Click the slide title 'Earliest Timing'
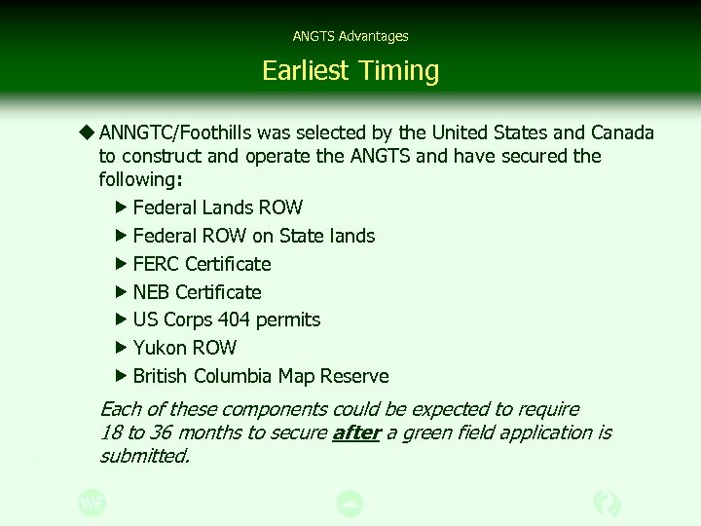pyautogui.click(x=350, y=70)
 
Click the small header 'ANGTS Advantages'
pyautogui.click(x=350, y=36)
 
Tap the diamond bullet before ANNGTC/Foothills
pyautogui.click(x=88, y=132)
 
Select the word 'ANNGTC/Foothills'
pyautogui.click(x=175, y=132)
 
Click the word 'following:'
pyautogui.click(x=140, y=179)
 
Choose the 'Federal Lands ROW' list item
pyautogui.click(x=217, y=207)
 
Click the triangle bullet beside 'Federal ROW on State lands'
pyautogui.click(x=121, y=236)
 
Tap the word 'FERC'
pyautogui.click(x=156, y=264)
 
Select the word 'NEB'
pyautogui.click(x=151, y=292)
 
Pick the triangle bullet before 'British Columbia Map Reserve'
pyautogui.click(x=121, y=376)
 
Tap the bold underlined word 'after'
pyautogui.click(x=356, y=432)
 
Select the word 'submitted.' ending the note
pyautogui.click(x=144, y=455)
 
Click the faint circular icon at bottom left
pyautogui.click(x=92, y=503)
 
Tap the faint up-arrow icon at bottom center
pyautogui.click(x=350, y=503)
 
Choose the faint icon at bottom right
pyautogui.click(x=608, y=503)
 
